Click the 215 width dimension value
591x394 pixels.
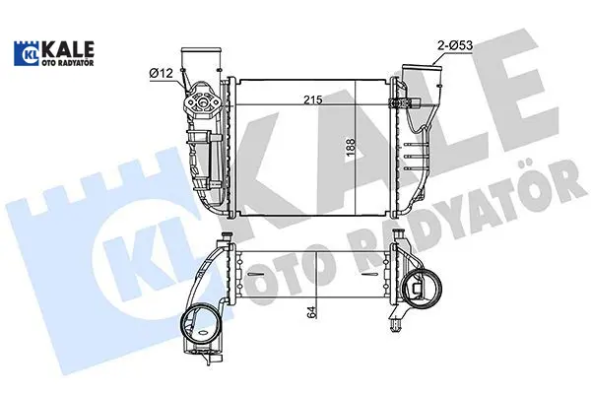[x=313, y=99]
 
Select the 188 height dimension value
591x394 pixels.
[x=351, y=148]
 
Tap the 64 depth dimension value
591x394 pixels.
[x=311, y=312]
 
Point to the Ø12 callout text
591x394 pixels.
[x=161, y=73]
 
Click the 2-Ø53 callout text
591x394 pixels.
[x=455, y=45]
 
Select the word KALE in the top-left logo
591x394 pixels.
[x=69, y=49]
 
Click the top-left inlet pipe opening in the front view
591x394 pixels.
[x=200, y=50]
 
